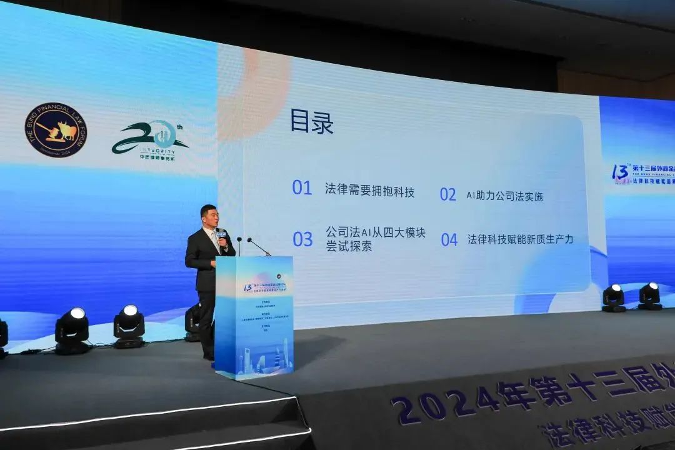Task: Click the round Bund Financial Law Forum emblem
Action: (x=56, y=130)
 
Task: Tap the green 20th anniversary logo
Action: (x=150, y=139)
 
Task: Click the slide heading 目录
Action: (x=311, y=122)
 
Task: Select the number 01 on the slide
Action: (x=302, y=187)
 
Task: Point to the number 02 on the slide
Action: (x=448, y=194)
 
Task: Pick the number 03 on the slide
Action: (x=302, y=239)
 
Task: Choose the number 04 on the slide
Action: (x=449, y=239)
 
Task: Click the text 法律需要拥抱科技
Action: (x=369, y=191)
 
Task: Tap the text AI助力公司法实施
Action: (x=504, y=196)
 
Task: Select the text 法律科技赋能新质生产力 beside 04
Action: (x=520, y=239)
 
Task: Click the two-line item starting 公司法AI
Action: (x=375, y=239)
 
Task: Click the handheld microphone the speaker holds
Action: (x=221, y=237)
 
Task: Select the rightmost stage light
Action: (x=650, y=296)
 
